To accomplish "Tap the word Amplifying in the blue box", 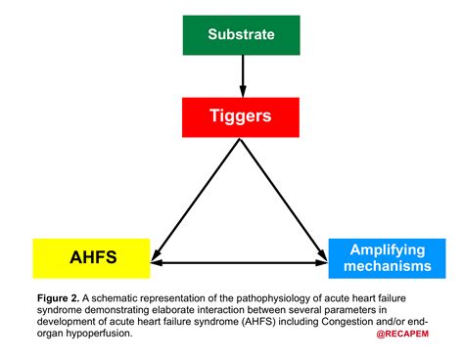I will click(x=378, y=250).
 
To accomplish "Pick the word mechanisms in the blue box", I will click(x=378, y=268).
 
